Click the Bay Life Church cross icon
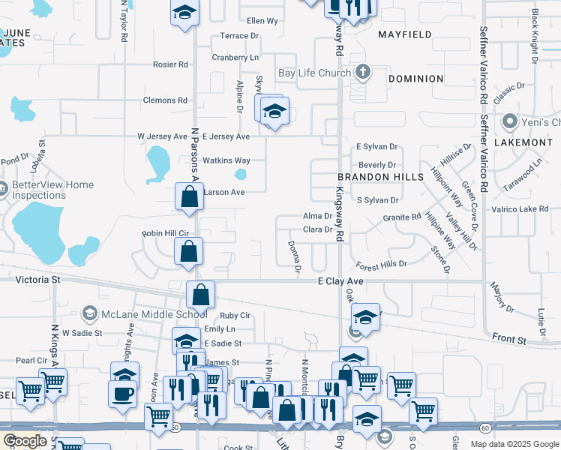(363, 73)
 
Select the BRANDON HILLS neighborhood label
(374, 177)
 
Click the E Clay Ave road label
(340, 280)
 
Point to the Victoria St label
(37, 280)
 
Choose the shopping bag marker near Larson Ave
(190, 197)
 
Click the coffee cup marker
(122, 393)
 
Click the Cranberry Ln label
(235, 57)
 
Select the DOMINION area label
(416, 79)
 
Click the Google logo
(25, 441)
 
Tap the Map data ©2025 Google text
(514, 444)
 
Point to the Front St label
(511, 340)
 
